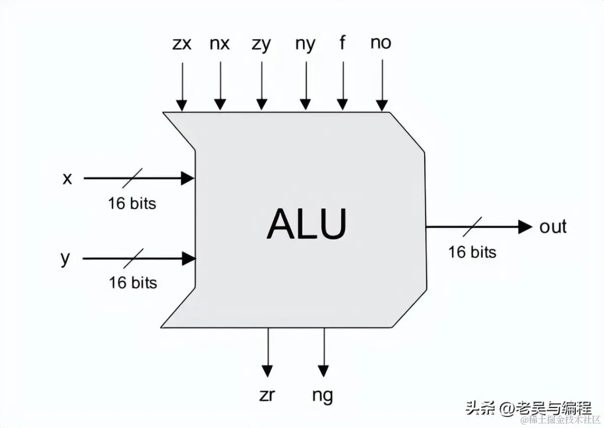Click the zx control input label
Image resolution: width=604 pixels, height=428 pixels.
(182, 44)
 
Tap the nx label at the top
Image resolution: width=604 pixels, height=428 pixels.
(219, 44)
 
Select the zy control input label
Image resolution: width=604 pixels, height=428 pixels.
(261, 45)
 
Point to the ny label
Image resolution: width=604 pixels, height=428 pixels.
(305, 45)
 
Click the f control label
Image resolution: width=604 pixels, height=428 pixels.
(342, 43)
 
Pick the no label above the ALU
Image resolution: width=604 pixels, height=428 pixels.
(381, 43)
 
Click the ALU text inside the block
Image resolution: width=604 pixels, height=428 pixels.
(307, 224)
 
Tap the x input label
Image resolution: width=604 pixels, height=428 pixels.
(67, 178)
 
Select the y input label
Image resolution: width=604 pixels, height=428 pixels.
(65, 260)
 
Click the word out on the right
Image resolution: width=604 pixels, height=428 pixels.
(553, 226)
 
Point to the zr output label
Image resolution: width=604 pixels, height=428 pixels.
(267, 395)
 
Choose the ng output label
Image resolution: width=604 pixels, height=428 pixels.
(323, 396)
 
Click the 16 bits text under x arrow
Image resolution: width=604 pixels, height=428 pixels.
(132, 203)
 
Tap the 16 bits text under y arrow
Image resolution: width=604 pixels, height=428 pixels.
(133, 282)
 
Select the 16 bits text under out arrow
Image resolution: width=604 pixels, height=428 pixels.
(472, 251)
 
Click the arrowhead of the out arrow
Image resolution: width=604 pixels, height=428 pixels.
(525, 227)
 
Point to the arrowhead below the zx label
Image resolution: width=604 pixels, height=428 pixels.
(182, 105)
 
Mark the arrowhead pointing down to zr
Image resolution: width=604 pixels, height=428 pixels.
(267, 371)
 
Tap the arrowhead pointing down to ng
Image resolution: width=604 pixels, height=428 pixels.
(324, 371)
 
